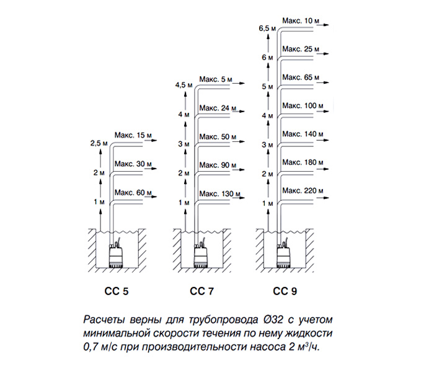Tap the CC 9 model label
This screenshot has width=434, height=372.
[285, 290]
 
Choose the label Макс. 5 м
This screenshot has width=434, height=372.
[216, 79]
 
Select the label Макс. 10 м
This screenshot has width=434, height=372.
[301, 20]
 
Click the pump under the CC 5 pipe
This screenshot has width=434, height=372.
[117, 256]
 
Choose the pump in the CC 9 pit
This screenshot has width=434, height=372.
[284, 256]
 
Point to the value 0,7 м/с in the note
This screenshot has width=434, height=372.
[103, 344]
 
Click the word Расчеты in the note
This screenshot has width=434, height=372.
[103, 321]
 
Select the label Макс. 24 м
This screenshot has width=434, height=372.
[216, 108]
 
